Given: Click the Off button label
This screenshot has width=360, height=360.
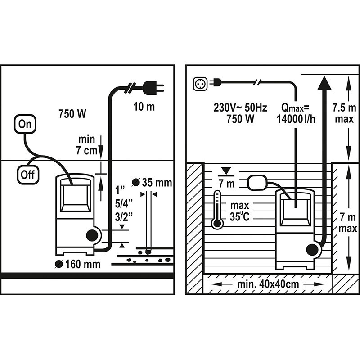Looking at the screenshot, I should (28, 174).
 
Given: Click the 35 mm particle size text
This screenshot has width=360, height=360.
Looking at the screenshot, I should (156, 183).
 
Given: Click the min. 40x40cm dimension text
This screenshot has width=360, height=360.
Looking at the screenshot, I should (268, 284).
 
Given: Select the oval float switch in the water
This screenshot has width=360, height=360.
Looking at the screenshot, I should (257, 182).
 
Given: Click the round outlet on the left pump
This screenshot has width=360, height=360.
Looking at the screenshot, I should (93, 235).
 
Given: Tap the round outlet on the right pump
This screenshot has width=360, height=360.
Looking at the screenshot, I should (312, 250).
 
